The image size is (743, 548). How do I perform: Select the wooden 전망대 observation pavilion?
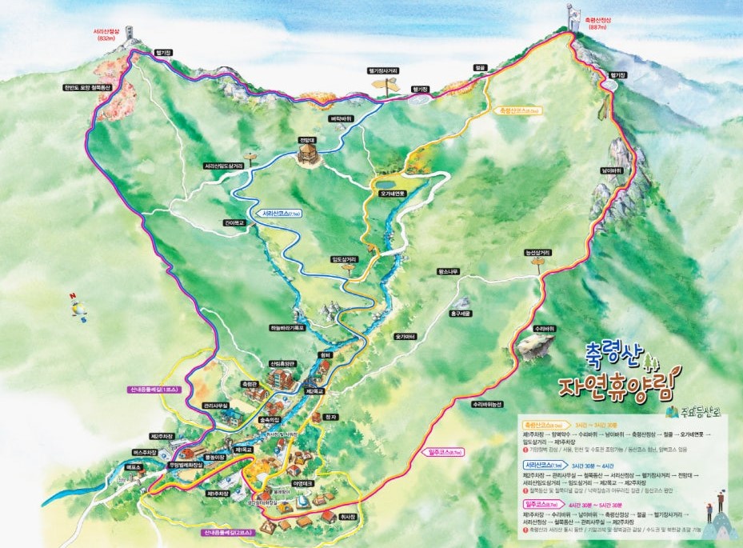(308, 154)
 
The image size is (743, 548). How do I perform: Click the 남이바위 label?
(611, 170)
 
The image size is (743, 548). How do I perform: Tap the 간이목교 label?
(234, 223)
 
